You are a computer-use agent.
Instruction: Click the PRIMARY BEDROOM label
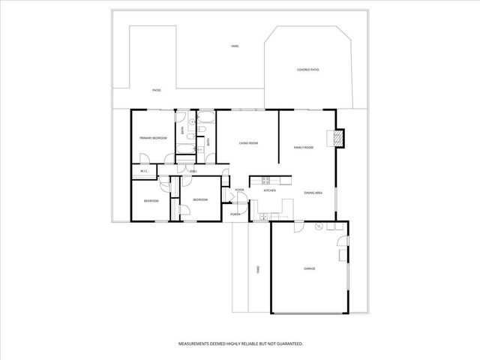(x=153, y=139)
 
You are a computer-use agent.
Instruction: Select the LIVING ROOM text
(x=248, y=142)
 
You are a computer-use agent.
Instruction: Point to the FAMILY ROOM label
(x=303, y=148)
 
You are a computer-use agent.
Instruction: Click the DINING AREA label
(x=313, y=193)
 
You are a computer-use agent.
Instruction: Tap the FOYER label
(x=239, y=190)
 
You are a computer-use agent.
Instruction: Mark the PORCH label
(x=235, y=214)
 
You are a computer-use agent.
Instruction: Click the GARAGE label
(x=309, y=268)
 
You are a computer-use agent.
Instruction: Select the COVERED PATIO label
(x=307, y=70)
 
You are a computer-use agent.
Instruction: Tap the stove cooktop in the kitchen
(x=265, y=179)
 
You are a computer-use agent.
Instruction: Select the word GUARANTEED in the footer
(x=288, y=343)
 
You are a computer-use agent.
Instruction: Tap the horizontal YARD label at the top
(x=235, y=46)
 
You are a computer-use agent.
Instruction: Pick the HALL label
(x=193, y=172)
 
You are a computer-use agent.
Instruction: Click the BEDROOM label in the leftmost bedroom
(x=151, y=201)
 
